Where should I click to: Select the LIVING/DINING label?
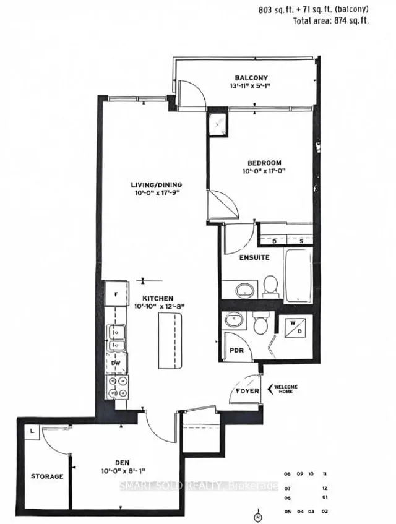click(x=159, y=184)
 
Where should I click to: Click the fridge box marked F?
click(x=116, y=294)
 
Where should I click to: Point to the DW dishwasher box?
click(x=116, y=364)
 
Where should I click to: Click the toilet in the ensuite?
click(x=270, y=285)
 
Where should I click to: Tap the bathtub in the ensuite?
click(x=299, y=272)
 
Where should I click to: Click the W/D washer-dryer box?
click(x=293, y=328)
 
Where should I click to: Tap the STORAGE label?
click(x=47, y=476)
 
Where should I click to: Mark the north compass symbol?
click(x=258, y=515)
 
